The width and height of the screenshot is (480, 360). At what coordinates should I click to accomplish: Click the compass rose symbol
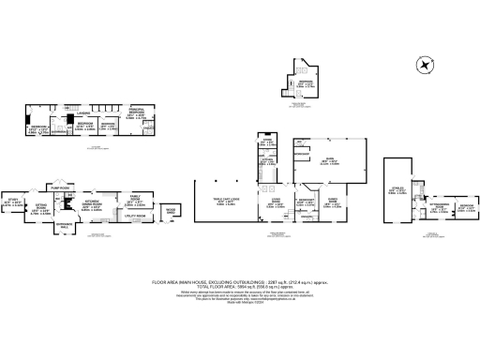point(426,65)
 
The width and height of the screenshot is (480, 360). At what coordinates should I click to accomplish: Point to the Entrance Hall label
point(63,225)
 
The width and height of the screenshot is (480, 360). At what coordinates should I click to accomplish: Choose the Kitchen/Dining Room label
point(93,202)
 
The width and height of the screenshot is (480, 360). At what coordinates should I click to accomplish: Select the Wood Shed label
point(171,212)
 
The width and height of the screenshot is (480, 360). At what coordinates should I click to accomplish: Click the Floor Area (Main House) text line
point(241,278)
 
